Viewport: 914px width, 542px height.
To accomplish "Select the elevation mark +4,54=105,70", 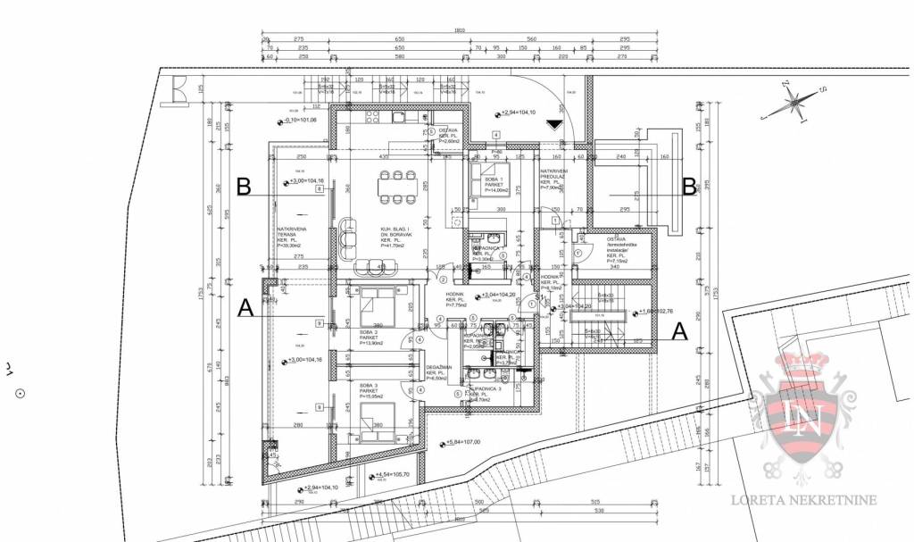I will [394, 474].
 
